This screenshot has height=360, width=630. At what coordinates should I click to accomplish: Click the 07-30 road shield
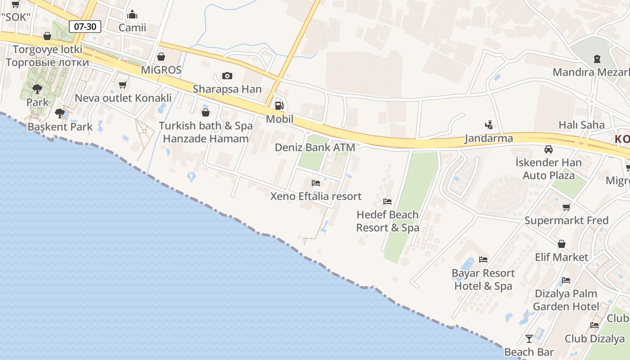(x=85, y=27)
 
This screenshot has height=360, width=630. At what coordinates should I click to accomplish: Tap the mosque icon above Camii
(x=132, y=15)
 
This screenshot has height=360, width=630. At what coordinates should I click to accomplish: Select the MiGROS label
(x=161, y=70)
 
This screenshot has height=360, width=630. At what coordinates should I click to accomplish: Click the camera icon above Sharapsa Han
(x=227, y=76)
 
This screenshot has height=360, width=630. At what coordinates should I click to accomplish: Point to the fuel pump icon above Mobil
(x=279, y=106)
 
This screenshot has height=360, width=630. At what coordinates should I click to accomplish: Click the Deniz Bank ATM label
(x=315, y=147)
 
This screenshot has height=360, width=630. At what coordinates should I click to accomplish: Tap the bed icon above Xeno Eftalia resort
(x=316, y=183)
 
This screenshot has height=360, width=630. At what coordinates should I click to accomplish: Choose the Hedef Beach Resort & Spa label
(x=387, y=221)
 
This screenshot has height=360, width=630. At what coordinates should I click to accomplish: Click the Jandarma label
(x=489, y=138)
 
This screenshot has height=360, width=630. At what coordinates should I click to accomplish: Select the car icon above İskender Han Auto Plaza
(x=548, y=149)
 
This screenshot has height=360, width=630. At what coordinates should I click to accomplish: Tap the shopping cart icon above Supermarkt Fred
(x=566, y=207)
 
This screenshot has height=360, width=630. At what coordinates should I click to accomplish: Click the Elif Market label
(x=561, y=257)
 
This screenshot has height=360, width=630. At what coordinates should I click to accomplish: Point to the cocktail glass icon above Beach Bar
(x=529, y=338)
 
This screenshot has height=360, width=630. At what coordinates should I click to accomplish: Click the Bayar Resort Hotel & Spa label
(x=483, y=279)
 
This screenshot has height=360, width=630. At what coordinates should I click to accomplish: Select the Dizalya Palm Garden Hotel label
(x=566, y=300)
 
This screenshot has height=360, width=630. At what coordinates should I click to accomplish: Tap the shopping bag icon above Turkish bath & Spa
(x=206, y=112)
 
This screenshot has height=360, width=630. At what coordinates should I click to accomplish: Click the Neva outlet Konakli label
(x=123, y=98)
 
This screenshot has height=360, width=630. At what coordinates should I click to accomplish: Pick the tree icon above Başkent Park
(x=59, y=113)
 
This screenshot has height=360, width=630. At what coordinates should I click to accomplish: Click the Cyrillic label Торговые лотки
(x=47, y=62)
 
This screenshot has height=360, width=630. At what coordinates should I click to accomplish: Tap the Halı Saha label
(x=581, y=125)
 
